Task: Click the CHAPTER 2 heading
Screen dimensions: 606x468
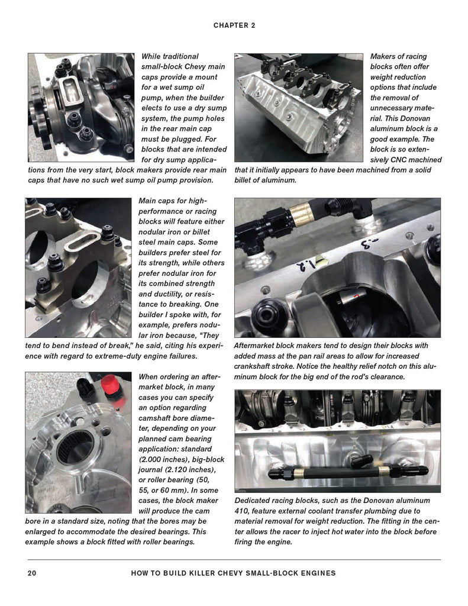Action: coord(234,25)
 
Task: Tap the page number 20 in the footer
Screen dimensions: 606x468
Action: coord(33,573)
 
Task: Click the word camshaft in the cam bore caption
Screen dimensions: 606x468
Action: coord(163,418)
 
